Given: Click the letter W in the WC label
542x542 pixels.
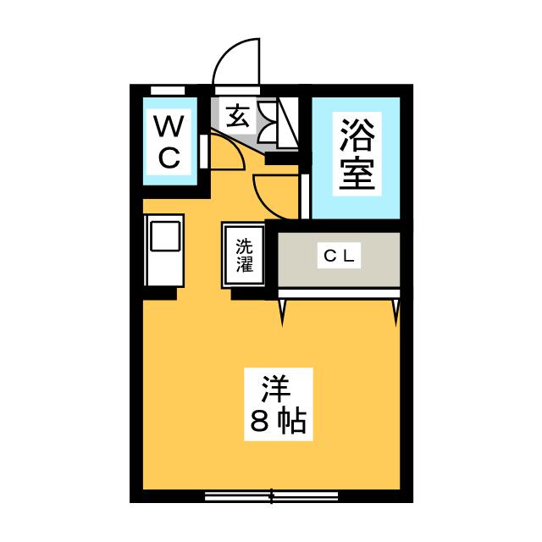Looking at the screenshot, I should coord(169,128).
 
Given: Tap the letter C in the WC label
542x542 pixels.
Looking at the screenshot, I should coord(169,157).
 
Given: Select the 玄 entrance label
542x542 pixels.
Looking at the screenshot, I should coord(238,116).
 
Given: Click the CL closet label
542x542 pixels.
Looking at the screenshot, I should coord(340,256).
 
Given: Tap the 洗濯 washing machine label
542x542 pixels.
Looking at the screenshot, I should coord(244,255).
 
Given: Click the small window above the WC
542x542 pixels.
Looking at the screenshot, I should coord(168,90).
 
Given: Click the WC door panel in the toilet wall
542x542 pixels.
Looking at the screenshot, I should coord(204,152).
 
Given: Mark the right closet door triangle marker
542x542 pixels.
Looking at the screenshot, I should coord(395,312).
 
